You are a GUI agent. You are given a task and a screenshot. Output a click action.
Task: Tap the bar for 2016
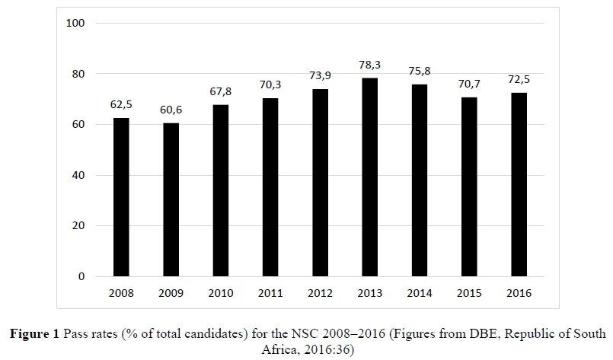(x=519, y=184)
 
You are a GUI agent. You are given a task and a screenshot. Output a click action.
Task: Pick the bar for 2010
(x=221, y=190)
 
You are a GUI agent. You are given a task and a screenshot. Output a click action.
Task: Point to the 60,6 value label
(x=171, y=110)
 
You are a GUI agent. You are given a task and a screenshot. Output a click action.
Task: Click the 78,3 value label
(x=369, y=65)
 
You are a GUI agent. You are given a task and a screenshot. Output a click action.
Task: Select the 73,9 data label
(x=320, y=77)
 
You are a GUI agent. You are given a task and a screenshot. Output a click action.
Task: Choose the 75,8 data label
(x=420, y=72)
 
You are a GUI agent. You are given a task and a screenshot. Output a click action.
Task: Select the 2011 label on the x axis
(x=270, y=293)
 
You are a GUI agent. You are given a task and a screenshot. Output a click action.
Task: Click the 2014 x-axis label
(x=420, y=293)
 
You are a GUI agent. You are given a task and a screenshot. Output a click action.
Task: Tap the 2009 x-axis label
(x=171, y=293)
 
